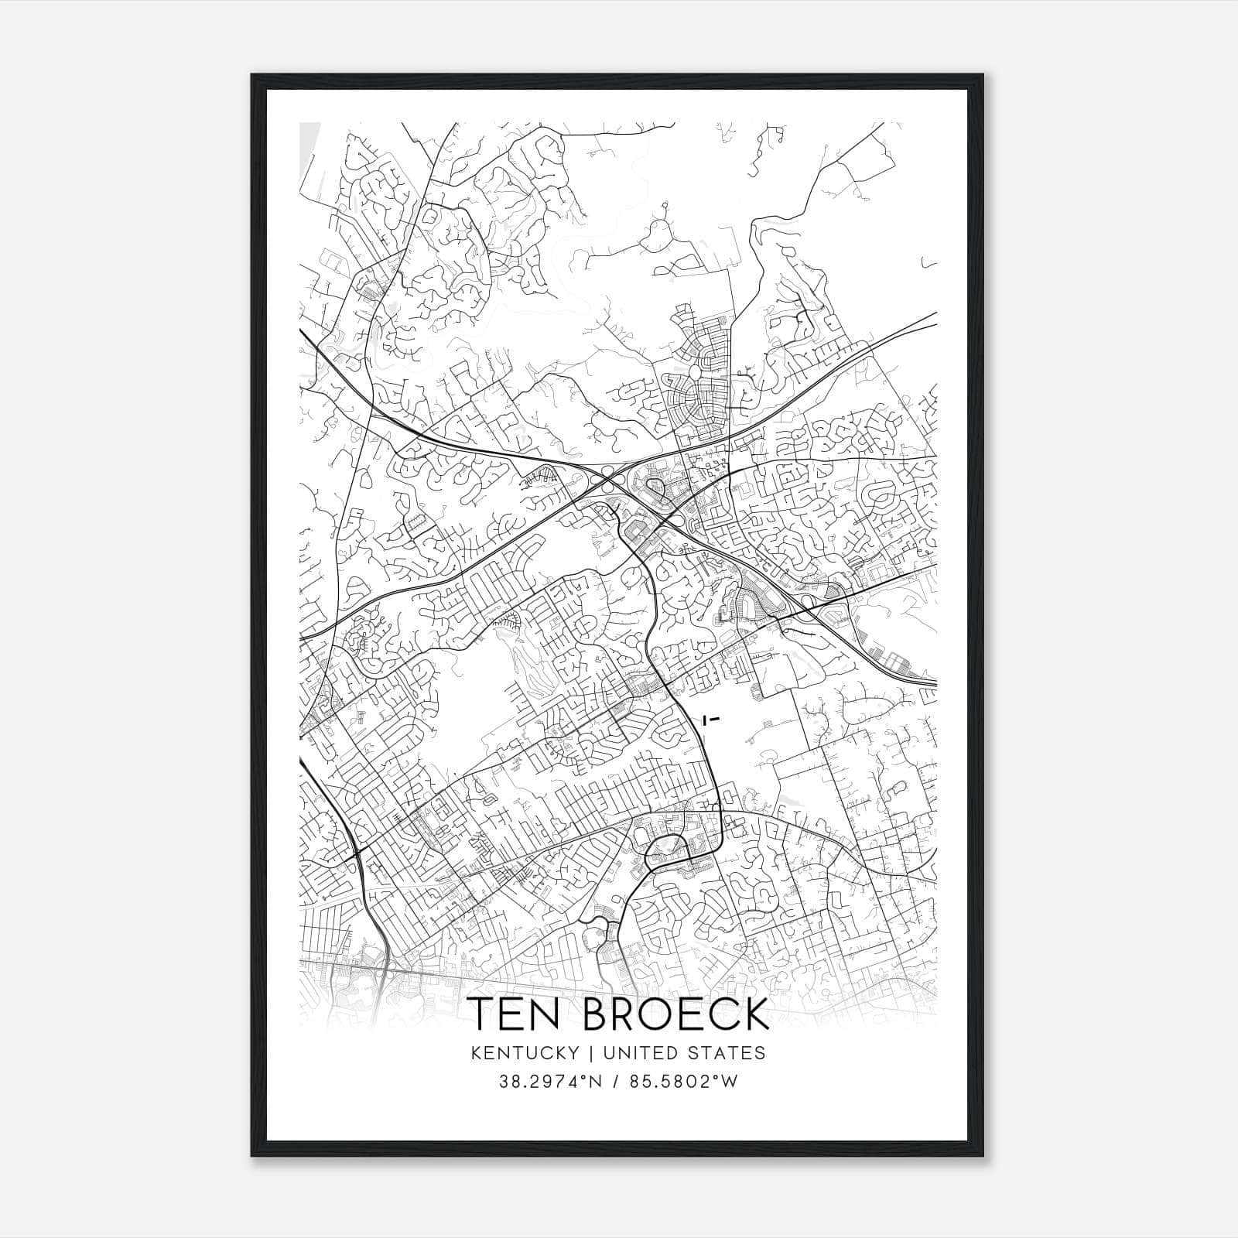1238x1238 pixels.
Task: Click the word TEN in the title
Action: click(x=515, y=1014)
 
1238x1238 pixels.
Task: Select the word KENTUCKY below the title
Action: click(x=523, y=1053)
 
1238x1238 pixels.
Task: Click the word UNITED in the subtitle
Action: click(x=633, y=1053)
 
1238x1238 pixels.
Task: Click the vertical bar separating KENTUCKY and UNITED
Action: click(x=590, y=1053)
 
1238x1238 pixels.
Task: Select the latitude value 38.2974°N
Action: click(x=549, y=1082)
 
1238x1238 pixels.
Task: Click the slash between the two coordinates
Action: click(x=617, y=1082)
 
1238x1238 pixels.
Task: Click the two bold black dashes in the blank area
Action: click(x=711, y=719)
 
